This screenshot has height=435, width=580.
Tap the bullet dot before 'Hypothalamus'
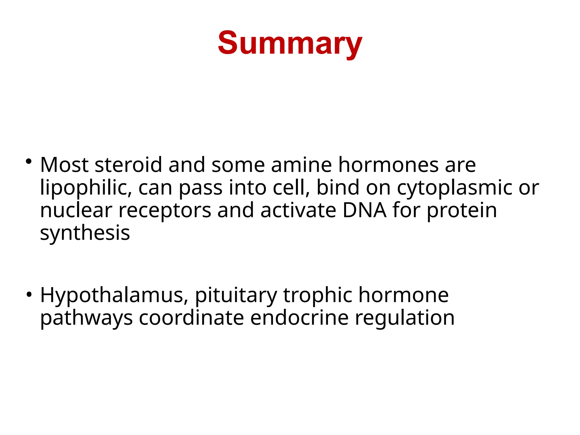(28, 295)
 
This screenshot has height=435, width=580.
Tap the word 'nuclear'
(76, 210)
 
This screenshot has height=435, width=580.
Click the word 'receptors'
(165, 211)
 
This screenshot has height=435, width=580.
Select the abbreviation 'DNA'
(364, 210)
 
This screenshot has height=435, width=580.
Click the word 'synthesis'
(85, 234)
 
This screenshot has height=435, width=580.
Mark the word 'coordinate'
(191, 318)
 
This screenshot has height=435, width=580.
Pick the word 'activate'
(298, 210)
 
